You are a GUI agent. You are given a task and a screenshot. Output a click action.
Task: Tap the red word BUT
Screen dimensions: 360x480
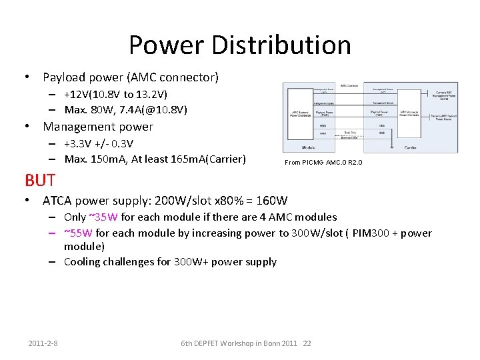39,180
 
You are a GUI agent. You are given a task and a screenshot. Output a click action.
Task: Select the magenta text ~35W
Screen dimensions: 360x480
103,217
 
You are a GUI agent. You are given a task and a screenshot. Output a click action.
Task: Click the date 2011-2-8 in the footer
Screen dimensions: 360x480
43,343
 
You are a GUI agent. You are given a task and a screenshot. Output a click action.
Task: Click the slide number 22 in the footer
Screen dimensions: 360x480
307,343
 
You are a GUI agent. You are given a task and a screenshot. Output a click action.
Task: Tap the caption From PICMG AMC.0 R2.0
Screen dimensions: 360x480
323,163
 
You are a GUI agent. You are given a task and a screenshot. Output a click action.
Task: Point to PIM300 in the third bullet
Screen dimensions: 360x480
371,233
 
